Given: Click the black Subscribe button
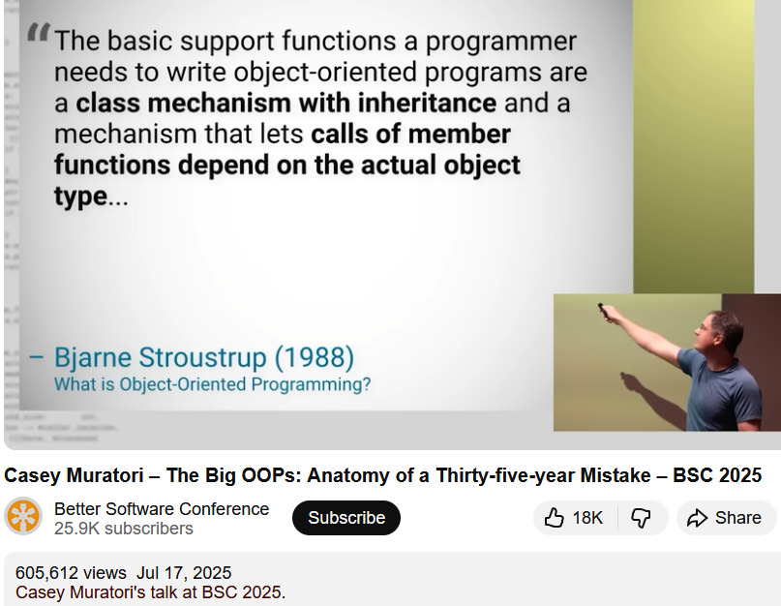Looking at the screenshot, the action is [346, 518].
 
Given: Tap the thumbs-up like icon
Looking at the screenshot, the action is [554, 518].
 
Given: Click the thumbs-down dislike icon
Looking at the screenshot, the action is [641, 518].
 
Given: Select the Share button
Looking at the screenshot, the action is [726, 518].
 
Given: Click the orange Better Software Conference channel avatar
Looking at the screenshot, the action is [23, 516].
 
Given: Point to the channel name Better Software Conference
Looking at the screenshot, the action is [162, 509].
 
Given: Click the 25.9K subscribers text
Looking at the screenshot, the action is [124, 529].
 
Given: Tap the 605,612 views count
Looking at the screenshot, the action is [71, 573].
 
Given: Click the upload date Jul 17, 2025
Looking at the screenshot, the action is [184, 573].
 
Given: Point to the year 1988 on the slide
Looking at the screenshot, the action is [315, 357].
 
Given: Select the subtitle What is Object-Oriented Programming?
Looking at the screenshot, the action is [212, 384].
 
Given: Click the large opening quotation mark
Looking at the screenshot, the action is [39, 32].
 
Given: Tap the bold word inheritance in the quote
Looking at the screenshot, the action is [427, 103].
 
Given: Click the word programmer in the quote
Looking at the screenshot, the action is [500, 42].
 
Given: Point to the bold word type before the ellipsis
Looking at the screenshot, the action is [80, 197].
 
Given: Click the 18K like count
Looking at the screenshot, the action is [587, 518].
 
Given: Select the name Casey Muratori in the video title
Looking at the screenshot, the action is [74, 475].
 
